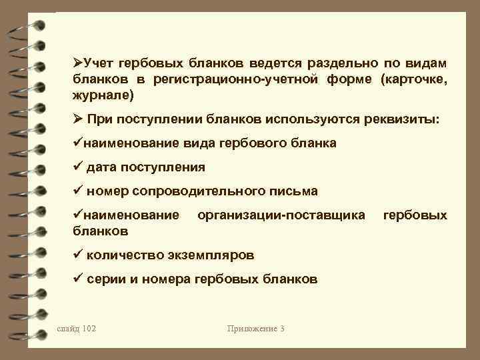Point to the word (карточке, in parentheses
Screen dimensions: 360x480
point(414,79)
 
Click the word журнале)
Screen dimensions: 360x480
point(103,95)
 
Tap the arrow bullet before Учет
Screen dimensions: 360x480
point(77,63)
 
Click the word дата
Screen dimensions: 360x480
point(100,167)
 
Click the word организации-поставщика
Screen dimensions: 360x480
point(281,215)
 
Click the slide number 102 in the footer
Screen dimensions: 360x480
point(86,329)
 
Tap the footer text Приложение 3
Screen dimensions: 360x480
point(256,329)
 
